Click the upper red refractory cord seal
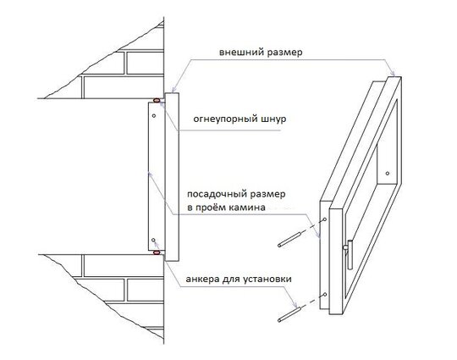[x=157, y=100]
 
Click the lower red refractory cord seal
[x=157, y=252]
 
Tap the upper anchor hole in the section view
[x=154, y=116]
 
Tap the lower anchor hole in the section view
[x=153, y=240]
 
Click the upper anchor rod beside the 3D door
[x=289, y=239]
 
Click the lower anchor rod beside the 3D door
[x=289, y=314]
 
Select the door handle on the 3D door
[x=349, y=253]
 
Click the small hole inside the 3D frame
[x=388, y=174]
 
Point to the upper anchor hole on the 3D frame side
[x=325, y=219]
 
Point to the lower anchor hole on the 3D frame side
[x=325, y=295]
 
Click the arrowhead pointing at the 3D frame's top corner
[x=393, y=72]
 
